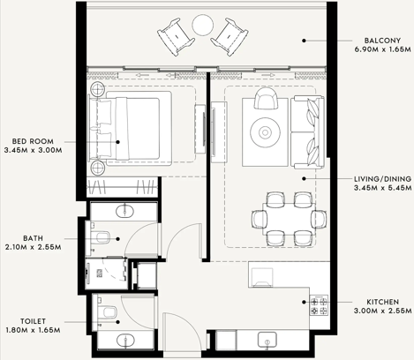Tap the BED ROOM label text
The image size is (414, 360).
coord(33,141)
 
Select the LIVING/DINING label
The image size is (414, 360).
coord(382,179)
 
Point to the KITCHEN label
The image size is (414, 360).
coord(382,302)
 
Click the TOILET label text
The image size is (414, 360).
coord(33,321)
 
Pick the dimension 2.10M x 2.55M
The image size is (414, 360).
coord(34,247)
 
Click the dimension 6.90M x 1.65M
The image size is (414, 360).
coord(382,49)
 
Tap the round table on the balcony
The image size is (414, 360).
coord(202,25)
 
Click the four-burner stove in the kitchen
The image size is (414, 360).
coord(319,305)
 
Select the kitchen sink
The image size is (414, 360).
coord(267,340)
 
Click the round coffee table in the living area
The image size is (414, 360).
coord(265,132)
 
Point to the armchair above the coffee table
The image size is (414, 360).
coord(266,98)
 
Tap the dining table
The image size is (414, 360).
coord(289,219)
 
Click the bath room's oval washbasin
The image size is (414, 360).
coord(125,211)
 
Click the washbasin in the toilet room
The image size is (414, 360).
coord(125,340)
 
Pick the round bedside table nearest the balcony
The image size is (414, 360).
coord(97,88)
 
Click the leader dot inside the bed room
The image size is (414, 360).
coord(117,142)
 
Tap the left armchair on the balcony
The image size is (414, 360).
coord(176,37)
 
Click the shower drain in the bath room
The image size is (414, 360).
coord(100,274)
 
